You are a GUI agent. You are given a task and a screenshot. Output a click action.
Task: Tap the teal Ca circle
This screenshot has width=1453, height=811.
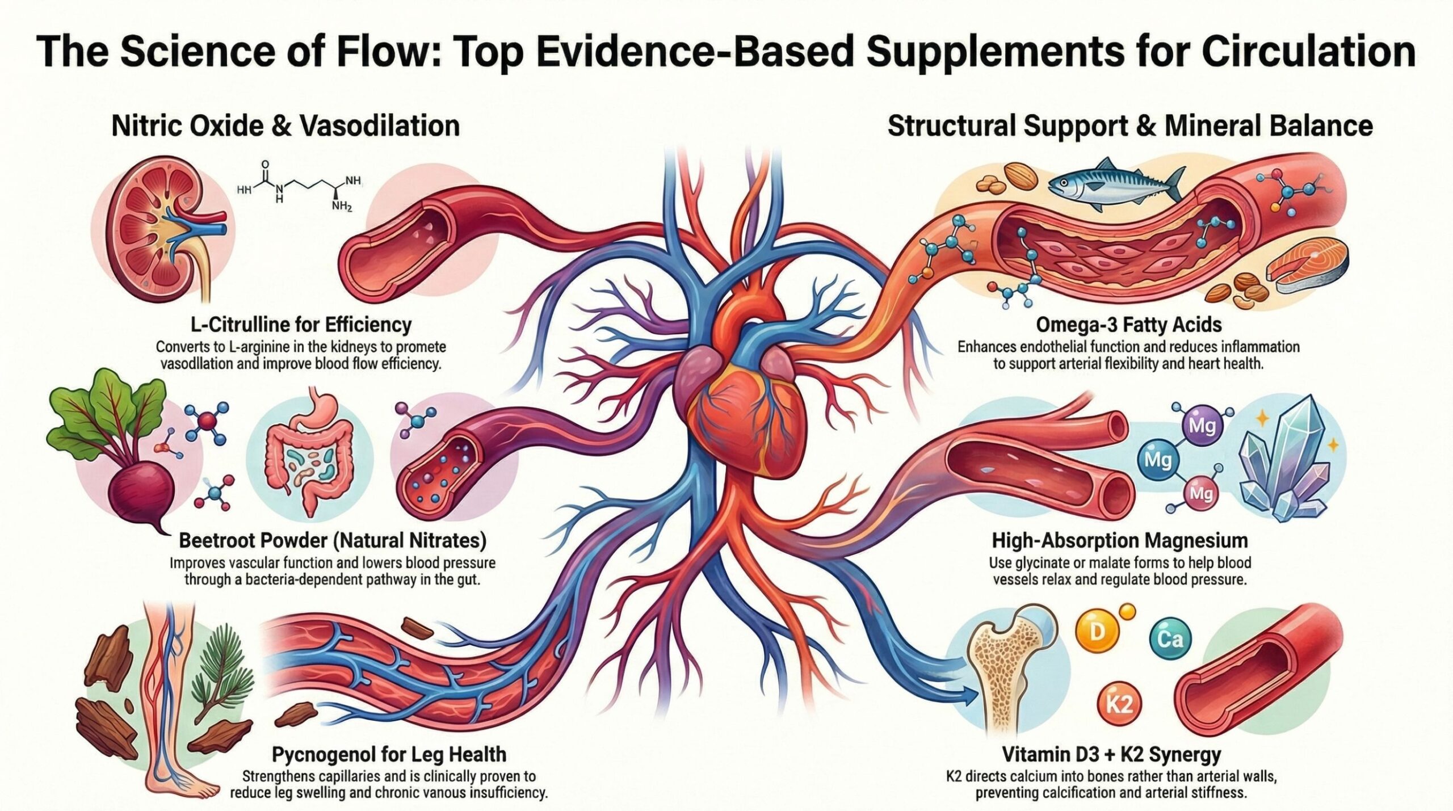coord(1170,640)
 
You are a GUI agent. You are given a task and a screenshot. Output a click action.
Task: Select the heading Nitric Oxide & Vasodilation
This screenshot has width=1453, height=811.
coord(285,125)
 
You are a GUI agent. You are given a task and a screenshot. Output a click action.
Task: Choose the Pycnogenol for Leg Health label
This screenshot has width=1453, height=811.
coord(389,754)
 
